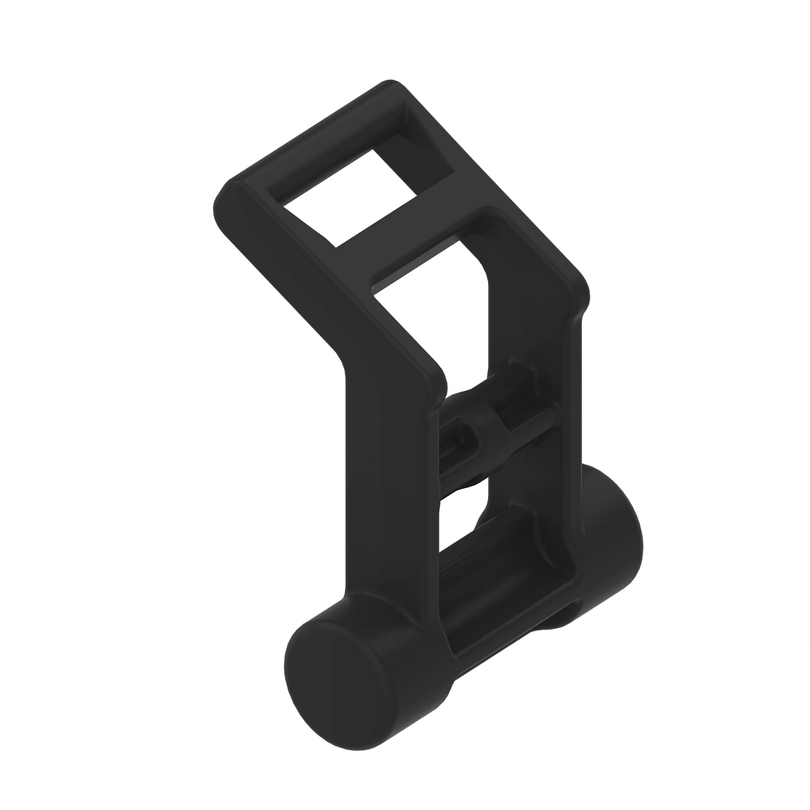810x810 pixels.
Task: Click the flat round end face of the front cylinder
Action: (333, 674)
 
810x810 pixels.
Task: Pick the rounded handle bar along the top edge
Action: (310, 135)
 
